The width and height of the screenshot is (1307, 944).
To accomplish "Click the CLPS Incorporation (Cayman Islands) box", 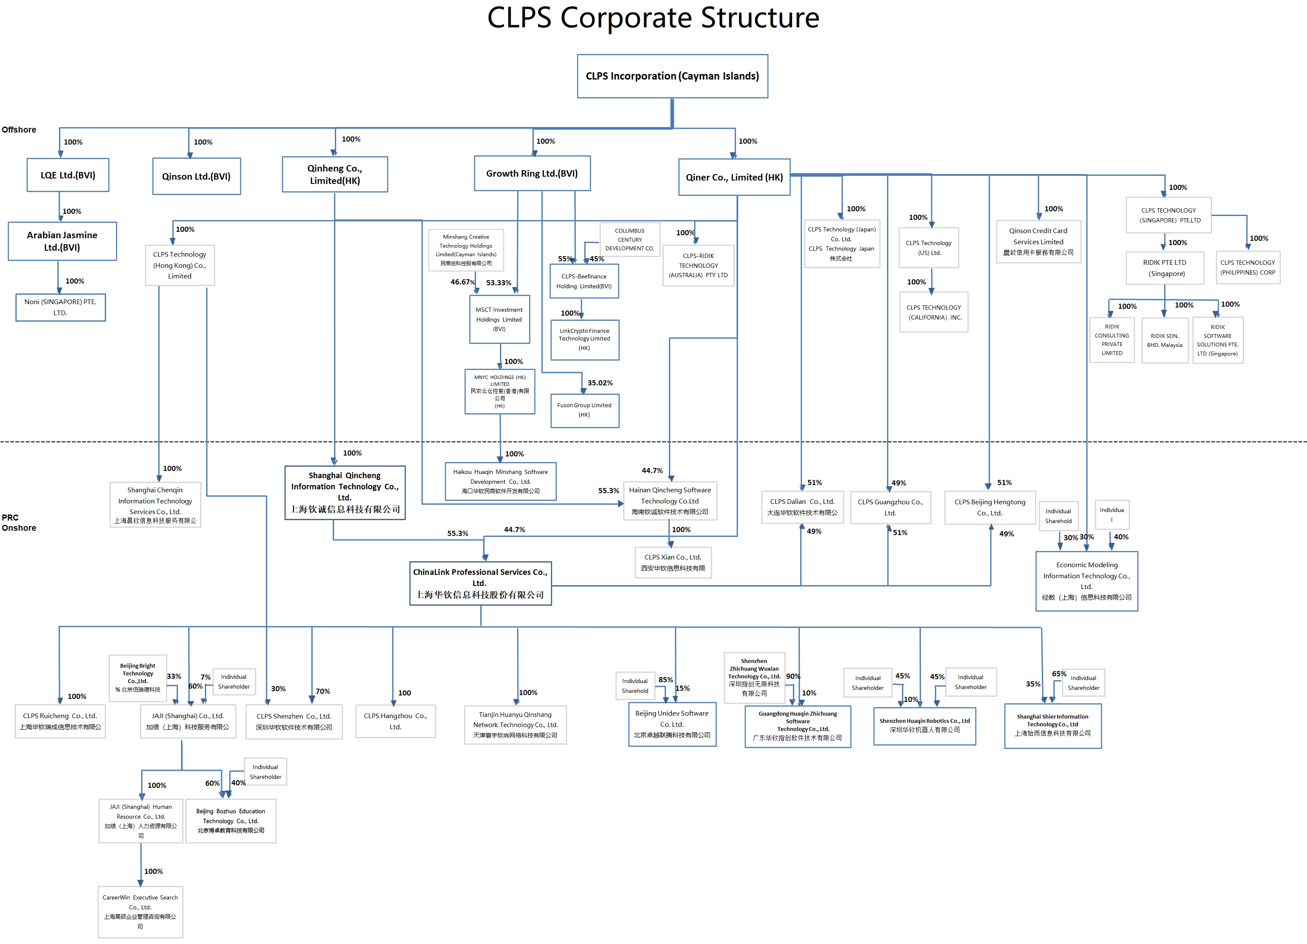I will tap(672, 76).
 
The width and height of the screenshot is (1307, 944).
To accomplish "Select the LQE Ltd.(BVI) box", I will tap(68, 175).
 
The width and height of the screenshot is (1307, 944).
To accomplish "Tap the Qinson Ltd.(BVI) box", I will tap(196, 176).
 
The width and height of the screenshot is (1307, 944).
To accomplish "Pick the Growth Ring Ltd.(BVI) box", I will tap(532, 174).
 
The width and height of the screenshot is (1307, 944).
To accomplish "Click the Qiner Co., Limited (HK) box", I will tap(734, 178).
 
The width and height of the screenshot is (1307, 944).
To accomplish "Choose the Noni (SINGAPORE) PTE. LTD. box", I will tap(60, 307).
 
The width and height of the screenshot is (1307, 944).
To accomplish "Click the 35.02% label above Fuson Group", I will tap(600, 383).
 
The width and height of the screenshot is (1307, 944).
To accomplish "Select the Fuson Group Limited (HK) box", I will tap(584, 410).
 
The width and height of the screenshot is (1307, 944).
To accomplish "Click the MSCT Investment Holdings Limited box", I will tap(499, 319).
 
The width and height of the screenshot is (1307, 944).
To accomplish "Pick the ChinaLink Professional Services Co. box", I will tap(480, 583).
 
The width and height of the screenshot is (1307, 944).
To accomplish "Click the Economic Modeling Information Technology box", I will tap(1086, 581).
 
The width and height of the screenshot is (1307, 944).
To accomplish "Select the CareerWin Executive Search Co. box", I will tap(140, 912).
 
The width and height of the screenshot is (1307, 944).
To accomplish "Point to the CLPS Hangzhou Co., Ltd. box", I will tap(395, 721).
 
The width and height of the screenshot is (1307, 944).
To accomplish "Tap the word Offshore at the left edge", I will tap(19, 130).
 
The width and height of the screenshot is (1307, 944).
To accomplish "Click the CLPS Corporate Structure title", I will tap(653, 18).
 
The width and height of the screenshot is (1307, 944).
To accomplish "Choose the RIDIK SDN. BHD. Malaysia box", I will tap(1164, 340).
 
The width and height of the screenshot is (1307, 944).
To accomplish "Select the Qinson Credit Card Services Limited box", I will tap(1038, 242).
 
